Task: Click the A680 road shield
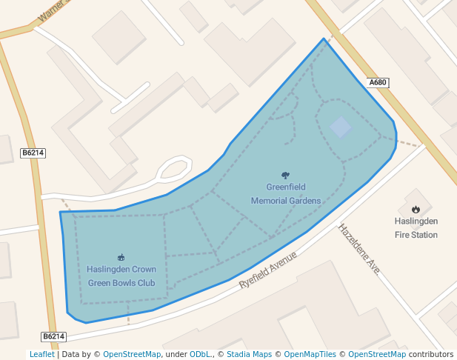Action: click(x=378, y=83)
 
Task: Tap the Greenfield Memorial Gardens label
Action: click(x=286, y=194)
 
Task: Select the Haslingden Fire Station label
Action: click(x=416, y=228)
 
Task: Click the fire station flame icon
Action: click(x=416, y=210)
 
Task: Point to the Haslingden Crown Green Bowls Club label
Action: click(x=121, y=276)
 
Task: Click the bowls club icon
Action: click(x=121, y=257)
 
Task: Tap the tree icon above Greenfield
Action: click(x=286, y=176)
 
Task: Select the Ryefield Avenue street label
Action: click(x=267, y=270)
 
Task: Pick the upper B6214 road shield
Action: click(x=33, y=153)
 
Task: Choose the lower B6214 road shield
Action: click(x=53, y=336)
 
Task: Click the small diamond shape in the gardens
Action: click(x=341, y=127)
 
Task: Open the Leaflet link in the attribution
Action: click(x=41, y=355)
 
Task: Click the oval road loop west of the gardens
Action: click(x=173, y=169)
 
